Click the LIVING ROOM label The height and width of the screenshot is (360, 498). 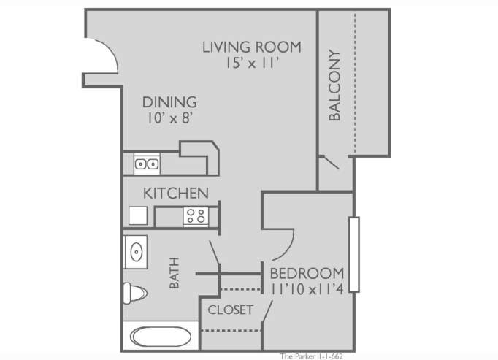(251, 47)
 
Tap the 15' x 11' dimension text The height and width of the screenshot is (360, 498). (252, 64)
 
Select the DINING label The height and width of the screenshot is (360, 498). (169, 102)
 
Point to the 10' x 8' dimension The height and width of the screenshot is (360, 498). (170, 118)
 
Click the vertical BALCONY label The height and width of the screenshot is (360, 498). (334, 85)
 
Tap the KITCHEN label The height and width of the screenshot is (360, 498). (176, 194)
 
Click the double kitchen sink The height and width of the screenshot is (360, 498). (147, 164)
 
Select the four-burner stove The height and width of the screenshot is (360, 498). (196, 216)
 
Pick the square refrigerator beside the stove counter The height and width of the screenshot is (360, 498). (138, 215)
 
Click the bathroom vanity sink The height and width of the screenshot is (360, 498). (135, 252)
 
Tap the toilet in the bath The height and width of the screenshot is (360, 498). (134, 293)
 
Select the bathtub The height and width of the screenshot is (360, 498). (161, 337)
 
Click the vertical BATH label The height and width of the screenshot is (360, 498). (175, 273)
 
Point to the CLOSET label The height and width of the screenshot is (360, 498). (231, 310)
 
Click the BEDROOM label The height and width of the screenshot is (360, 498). (307, 274)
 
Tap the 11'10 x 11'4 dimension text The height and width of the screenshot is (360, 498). (307, 289)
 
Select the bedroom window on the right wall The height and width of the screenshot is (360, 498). (354, 255)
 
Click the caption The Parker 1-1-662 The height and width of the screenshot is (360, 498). (311, 356)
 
